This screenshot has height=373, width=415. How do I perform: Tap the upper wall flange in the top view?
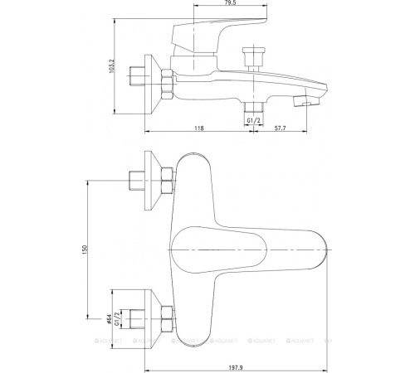pos(152,181)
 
